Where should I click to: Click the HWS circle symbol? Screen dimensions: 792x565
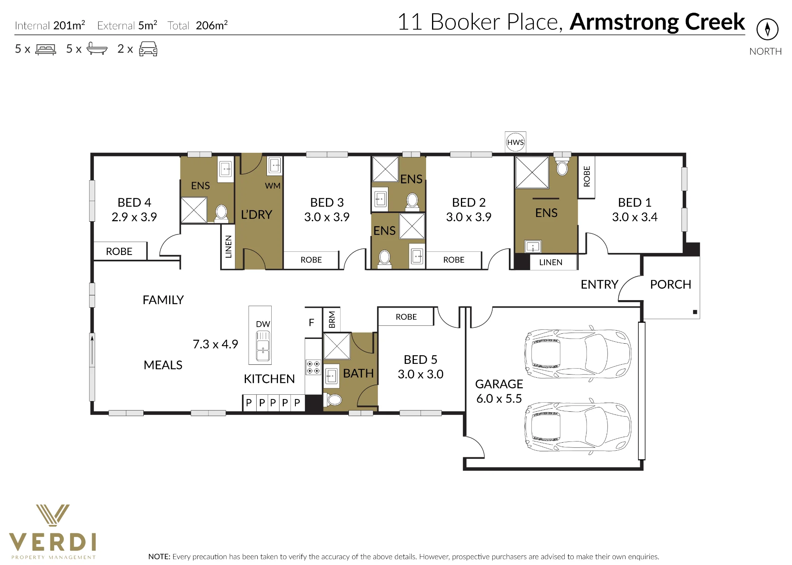click(515, 142)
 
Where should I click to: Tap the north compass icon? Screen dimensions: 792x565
click(767, 29)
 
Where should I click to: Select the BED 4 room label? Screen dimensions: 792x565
click(134, 202)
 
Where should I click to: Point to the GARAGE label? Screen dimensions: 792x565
click(499, 384)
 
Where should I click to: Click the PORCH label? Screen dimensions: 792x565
click(670, 284)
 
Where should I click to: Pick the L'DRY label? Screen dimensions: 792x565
click(257, 215)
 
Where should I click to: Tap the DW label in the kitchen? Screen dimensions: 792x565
click(263, 324)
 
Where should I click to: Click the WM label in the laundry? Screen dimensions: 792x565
click(272, 186)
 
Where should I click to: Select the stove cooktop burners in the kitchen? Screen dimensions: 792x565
click(313, 367)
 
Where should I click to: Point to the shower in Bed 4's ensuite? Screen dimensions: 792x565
click(194, 210)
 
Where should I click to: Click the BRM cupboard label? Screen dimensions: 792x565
click(332, 320)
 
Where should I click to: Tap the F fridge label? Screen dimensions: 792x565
click(311, 323)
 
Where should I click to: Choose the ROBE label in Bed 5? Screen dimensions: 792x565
click(406, 317)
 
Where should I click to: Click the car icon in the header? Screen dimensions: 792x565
click(148, 49)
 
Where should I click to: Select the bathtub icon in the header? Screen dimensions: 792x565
click(97, 48)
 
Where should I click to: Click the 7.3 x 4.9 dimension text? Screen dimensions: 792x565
click(215, 344)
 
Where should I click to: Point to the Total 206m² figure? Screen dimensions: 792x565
click(198, 25)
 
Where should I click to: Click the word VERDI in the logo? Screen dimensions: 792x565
click(52, 542)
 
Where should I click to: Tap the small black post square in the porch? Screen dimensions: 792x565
click(695, 312)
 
